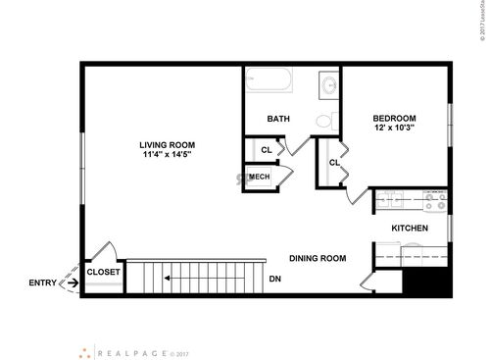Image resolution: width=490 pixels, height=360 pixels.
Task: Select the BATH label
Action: click(278, 120)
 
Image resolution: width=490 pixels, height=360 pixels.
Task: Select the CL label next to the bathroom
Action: click(267, 149)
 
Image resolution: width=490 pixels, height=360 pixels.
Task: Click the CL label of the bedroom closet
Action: click(334, 163)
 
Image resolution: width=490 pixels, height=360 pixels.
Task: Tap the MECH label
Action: click(260, 177)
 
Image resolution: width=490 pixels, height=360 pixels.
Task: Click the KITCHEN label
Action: click(410, 229)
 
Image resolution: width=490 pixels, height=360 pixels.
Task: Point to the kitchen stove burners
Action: click(435, 202)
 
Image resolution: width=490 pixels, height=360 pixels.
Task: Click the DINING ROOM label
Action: click(318, 258)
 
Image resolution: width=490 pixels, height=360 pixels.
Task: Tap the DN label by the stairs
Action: click(275, 278)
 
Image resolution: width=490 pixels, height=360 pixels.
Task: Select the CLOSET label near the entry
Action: click(103, 273)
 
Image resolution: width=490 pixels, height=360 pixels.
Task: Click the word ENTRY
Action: click(42, 283)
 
